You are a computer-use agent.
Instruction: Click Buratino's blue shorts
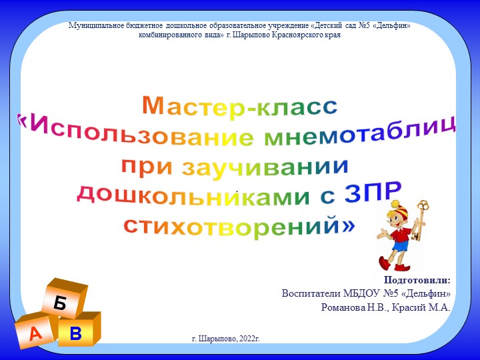coord(399,246)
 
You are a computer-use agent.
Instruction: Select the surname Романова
coord(343,307)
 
